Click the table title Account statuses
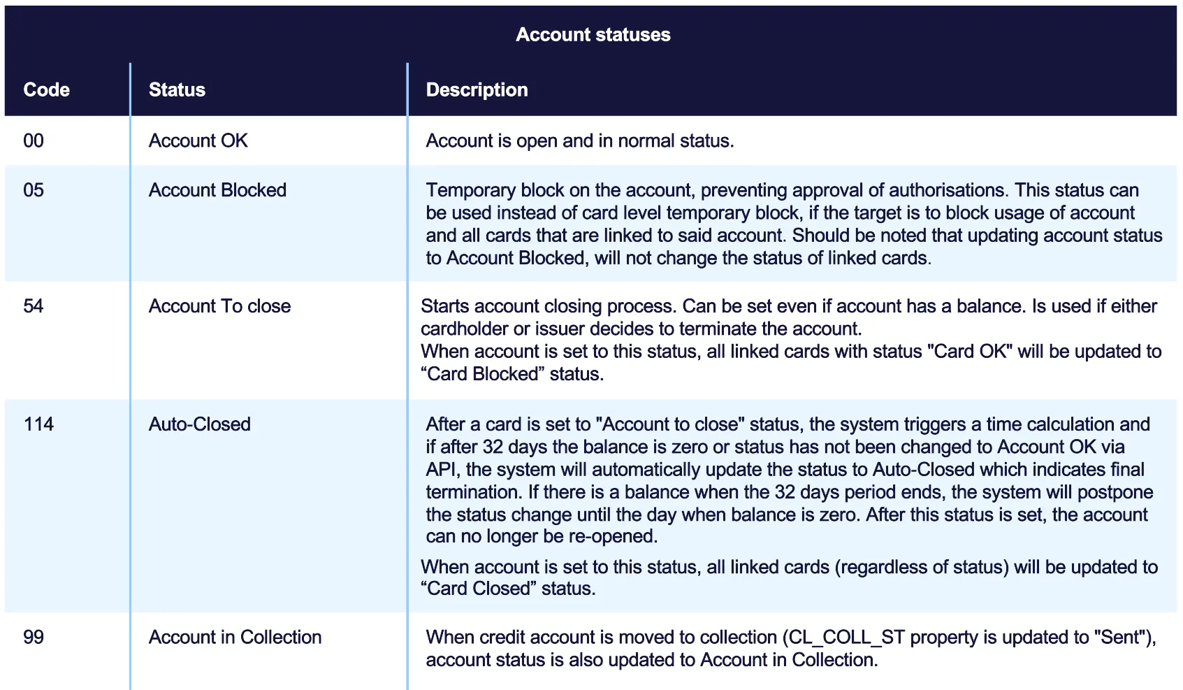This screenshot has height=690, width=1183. (x=593, y=35)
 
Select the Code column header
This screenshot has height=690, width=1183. (x=47, y=90)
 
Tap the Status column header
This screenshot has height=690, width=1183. (x=177, y=90)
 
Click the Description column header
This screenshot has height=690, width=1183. (x=477, y=90)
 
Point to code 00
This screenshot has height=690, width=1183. (x=34, y=141)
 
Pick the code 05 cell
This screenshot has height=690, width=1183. (x=34, y=190)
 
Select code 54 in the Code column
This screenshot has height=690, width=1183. (x=34, y=306)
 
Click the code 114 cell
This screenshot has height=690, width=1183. (x=38, y=424)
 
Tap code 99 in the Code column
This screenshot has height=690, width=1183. (x=34, y=638)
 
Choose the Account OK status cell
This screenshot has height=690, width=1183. (x=198, y=141)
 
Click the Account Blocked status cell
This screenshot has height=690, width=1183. (x=217, y=190)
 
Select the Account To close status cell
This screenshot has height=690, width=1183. (x=219, y=306)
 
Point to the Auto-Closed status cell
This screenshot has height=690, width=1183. (x=199, y=424)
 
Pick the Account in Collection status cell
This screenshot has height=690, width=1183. (x=235, y=638)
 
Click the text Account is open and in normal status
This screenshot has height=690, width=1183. (x=579, y=141)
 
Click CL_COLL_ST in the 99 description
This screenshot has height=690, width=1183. (x=846, y=638)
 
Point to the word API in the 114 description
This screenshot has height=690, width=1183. (x=442, y=470)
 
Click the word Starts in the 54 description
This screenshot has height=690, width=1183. (x=444, y=306)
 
